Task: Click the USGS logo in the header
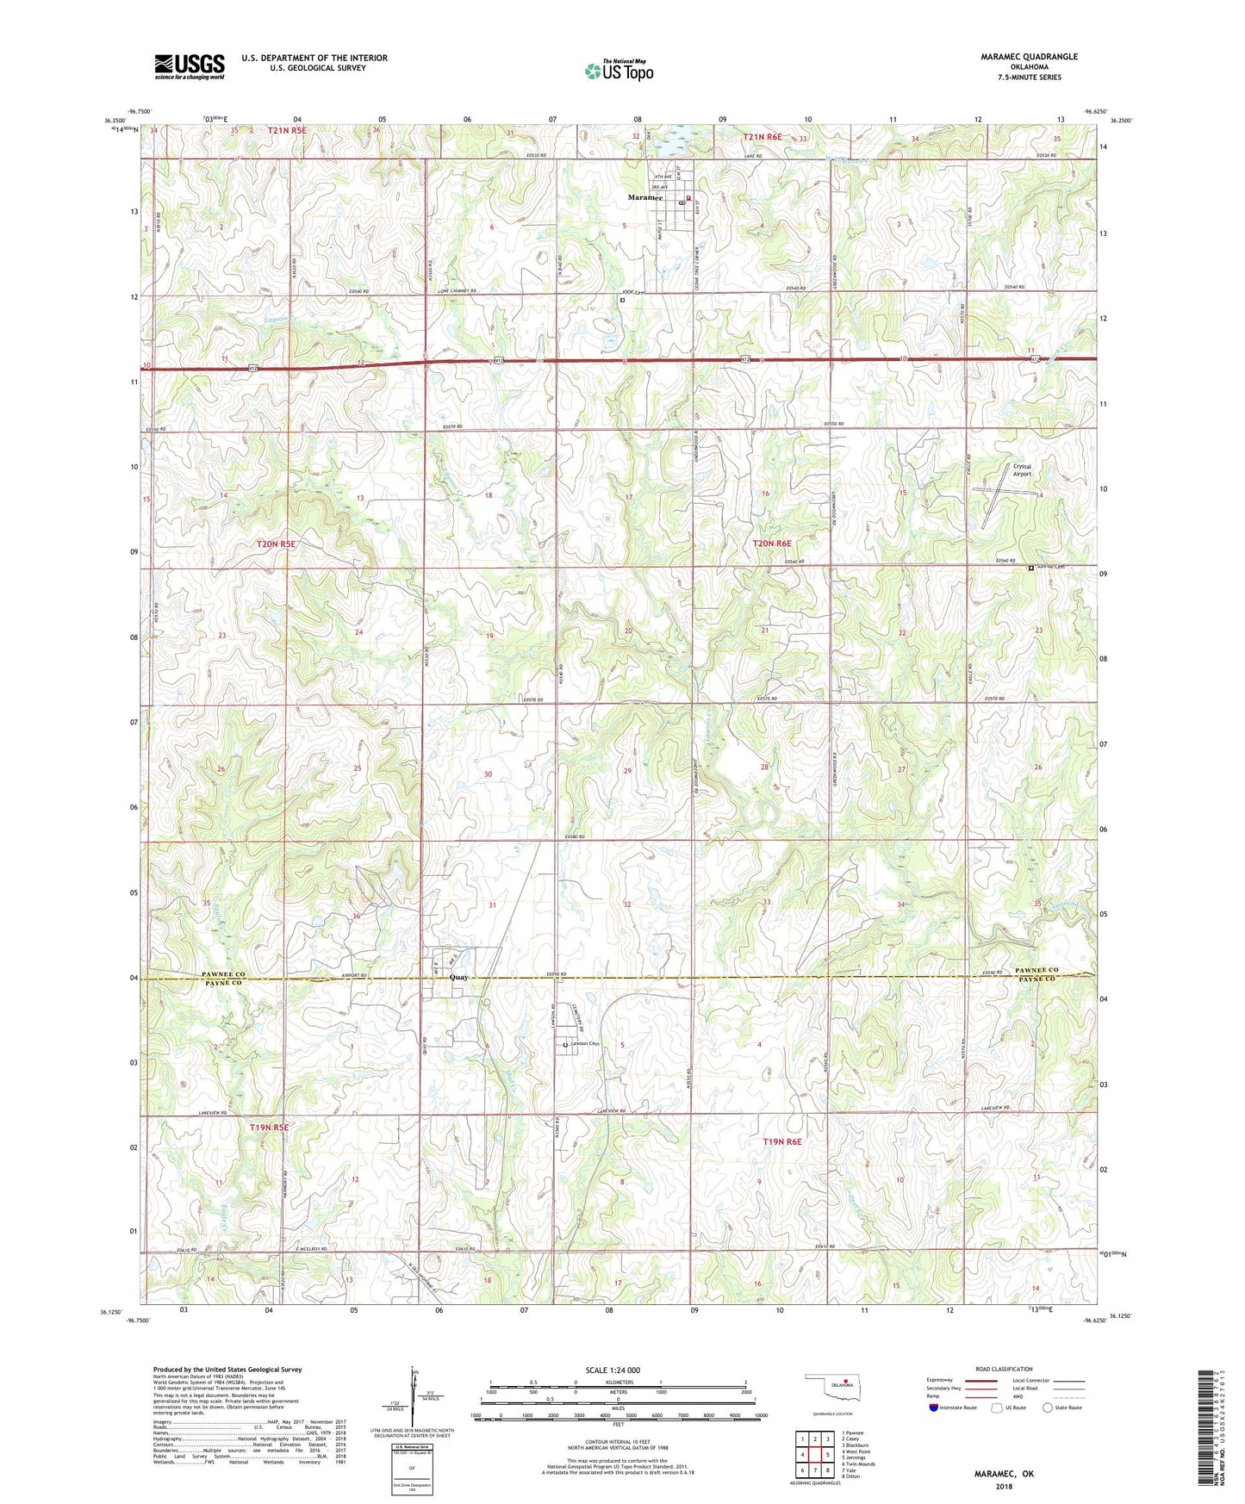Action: (190, 66)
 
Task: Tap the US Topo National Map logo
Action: (619, 71)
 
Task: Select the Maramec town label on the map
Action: (644, 197)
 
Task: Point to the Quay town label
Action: (458, 978)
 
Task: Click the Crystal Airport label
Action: (1022, 470)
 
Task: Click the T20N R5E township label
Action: (276, 544)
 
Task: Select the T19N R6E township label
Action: (781, 1141)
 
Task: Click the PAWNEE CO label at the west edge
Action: (223, 974)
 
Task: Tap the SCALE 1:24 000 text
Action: (613, 1370)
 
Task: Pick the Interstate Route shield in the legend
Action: (932, 1408)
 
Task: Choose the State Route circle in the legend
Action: (1048, 1408)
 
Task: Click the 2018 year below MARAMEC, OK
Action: (1004, 1486)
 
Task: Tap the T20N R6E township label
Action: (771, 544)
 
